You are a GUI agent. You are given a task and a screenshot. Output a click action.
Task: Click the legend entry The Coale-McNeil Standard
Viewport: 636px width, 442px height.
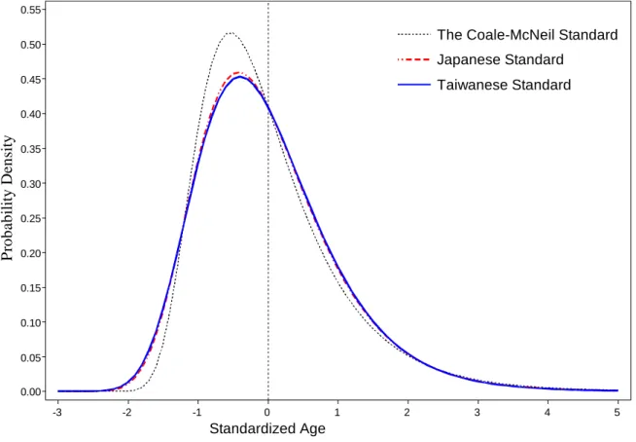(x=527, y=34)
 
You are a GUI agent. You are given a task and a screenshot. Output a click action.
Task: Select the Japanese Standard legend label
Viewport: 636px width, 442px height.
(x=500, y=59)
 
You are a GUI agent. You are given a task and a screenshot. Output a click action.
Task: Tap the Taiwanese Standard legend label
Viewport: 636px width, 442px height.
(x=504, y=85)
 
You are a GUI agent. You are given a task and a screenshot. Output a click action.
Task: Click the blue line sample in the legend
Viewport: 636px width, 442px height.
(x=413, y=85)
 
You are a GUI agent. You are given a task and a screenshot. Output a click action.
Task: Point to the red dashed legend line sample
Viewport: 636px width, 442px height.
(x=413, y=59)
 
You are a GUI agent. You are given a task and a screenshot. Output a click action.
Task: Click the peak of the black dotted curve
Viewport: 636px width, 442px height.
(x=230, y=33)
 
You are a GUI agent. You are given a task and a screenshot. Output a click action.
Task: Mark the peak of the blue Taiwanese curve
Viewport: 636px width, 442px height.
(x=240, y=76)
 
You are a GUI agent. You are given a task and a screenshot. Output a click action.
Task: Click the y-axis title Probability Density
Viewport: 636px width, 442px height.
(x=8, y=199)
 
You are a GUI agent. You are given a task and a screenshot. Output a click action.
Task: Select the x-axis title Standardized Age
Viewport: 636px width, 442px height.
(x=267, y=428)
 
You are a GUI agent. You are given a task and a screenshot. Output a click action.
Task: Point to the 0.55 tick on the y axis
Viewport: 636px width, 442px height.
(x=30, y=10)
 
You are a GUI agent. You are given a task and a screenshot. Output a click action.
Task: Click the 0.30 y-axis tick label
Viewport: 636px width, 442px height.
(x=30, y=184)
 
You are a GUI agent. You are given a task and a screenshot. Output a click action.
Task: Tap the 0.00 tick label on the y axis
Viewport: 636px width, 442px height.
(x=30, y=391)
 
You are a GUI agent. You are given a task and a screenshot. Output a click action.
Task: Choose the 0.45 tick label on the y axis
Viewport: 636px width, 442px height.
(x=30, y=79)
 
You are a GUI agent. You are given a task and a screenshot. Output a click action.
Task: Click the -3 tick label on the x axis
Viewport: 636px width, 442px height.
(x=57, y=413)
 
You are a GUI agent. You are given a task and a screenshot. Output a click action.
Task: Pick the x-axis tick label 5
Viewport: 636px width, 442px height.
(x=618, y=413)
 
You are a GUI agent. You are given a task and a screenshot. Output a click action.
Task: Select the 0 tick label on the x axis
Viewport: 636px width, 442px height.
(x=267, y=413)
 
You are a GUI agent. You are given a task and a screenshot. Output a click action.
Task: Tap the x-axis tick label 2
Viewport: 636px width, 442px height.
(x=407, y=413)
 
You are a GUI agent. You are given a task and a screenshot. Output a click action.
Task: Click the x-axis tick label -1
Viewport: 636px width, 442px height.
(x=197, y=413)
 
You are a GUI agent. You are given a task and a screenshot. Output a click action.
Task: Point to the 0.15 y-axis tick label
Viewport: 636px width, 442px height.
(x=30, y=287)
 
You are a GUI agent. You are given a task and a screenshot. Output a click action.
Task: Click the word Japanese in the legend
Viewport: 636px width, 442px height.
(x=467, y=60)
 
